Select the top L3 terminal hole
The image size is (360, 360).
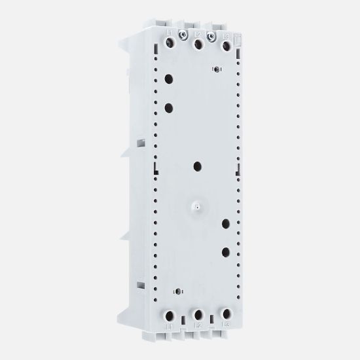226,46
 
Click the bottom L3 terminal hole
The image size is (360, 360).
226,314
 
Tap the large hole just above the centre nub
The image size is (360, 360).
197,165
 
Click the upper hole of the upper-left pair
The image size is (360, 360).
170,79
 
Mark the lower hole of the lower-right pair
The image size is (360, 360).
226,251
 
